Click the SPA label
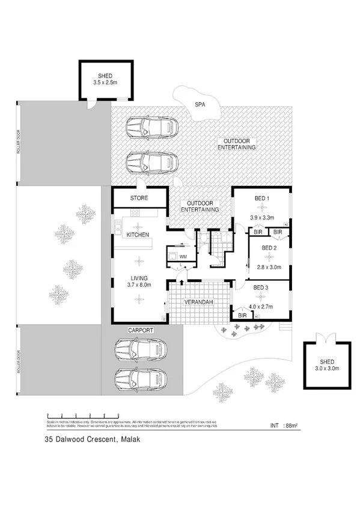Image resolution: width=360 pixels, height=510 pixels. click(x=201, y=105)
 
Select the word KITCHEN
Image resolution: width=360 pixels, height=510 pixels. click(x=137, y=235)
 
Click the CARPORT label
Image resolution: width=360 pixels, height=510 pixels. click(x=141, y=330)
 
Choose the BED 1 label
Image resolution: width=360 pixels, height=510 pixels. click(x=261, y=198)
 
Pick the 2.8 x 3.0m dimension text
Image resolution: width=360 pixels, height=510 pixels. click(x=266, y=268)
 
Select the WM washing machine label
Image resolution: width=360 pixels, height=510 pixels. click(x=183, y=256)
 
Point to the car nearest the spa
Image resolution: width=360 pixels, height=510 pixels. click(x=151, y=127)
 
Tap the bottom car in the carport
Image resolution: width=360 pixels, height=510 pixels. click(x=140, y=378)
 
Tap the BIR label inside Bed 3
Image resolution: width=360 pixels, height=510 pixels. click(x=243, y=315)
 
